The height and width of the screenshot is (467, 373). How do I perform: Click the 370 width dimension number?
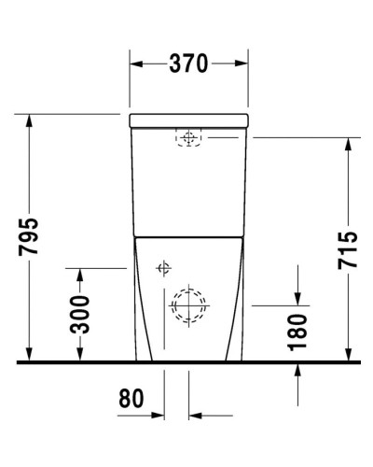[189, 64]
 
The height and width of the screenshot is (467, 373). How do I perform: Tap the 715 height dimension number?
[348, 249]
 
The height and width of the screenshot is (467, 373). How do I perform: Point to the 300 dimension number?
[81, 315]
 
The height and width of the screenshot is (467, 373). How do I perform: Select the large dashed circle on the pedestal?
[189, 304]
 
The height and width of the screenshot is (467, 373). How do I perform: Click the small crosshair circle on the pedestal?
[162, 269]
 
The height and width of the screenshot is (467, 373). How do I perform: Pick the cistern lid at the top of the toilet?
[190, 120]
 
